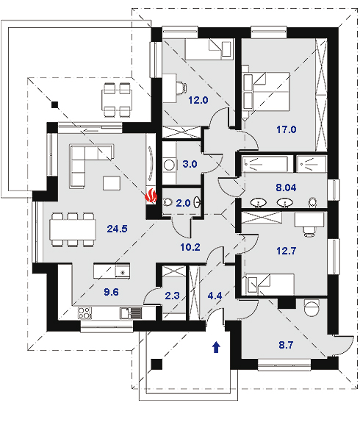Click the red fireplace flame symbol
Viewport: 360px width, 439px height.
[x=151, y=196]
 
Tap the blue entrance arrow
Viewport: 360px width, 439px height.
[x=217, y=347]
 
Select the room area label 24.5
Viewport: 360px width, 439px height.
[x=118, y=229]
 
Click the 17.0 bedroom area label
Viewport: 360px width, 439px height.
[x=286, y=129]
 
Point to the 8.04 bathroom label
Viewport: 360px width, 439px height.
[x=286, y=188]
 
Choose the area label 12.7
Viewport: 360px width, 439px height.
[x=286, y=251]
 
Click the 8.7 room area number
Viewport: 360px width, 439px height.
[x=286, y=345]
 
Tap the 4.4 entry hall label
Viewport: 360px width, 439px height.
[x=215, y=296]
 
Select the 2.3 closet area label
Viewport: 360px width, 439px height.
[x=173, y=296]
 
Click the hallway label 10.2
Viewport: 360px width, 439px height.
[x=190, y=247]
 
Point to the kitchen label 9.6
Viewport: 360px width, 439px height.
[x=112, y=292]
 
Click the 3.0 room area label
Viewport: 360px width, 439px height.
[x=190, y=164]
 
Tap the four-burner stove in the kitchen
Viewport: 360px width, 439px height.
[x=84, y=313]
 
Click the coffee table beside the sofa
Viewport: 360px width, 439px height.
[x=112, y=183]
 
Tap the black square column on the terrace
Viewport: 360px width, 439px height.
[x=55, y=104]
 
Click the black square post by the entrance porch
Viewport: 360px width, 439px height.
[x=156, y=364]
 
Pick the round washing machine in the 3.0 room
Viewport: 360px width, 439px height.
[x=170, y=165]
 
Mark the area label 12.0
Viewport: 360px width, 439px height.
[x=198, y=100]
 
